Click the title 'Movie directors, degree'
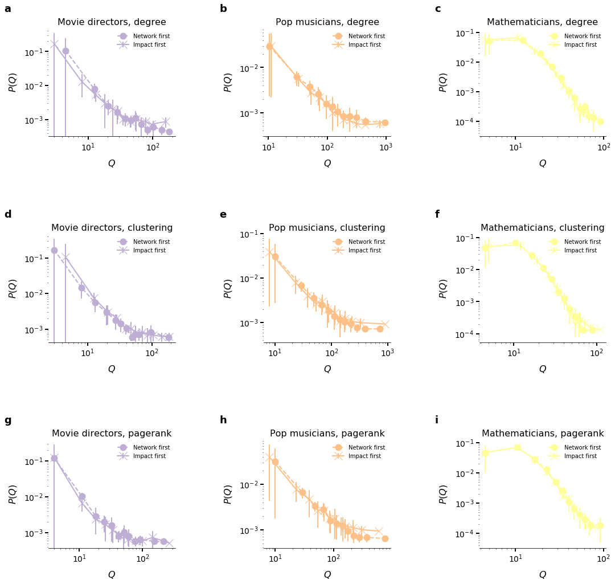(x=112, y=22)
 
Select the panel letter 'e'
(x=223, y=215)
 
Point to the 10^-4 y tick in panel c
(x=468, y=121)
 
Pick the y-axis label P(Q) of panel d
(x=13, y=288)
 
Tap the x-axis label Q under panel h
(x=327, y=574)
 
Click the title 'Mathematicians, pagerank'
(x=543, y=434)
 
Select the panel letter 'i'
(x=437, y=420)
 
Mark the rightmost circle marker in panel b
(x=385, y=122)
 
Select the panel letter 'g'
(x=7, y=420)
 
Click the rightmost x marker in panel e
(x=385, y=324)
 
